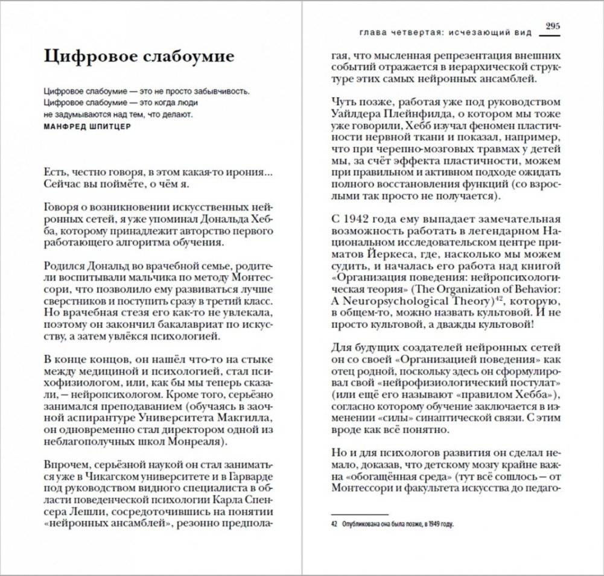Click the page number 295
(553, 26)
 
